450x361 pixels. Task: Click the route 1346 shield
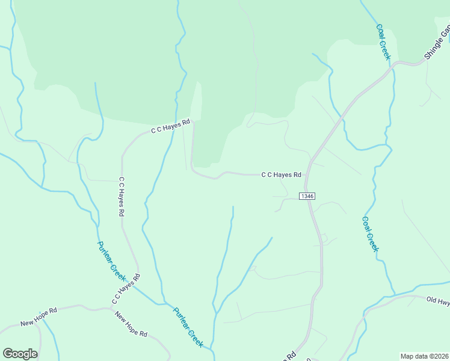point(307,196)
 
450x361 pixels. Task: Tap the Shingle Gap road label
point(437,42)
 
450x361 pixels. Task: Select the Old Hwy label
point(437,300)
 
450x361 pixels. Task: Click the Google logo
point(20,354)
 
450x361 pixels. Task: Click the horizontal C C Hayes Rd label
point(281,175)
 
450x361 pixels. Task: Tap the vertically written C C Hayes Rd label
point(122,196)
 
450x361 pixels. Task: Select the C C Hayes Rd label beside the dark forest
point(170,125)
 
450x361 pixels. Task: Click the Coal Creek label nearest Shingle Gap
point(383,42)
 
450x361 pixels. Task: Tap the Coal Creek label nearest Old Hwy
point(371,234)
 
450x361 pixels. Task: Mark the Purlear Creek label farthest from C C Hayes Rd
point(188,327)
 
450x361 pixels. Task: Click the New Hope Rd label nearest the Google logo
point(39,316)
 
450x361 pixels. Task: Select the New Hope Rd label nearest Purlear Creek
point(131,324)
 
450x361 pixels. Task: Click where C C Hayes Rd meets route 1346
point(307,174)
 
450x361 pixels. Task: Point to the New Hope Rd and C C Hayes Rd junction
point(111,308)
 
